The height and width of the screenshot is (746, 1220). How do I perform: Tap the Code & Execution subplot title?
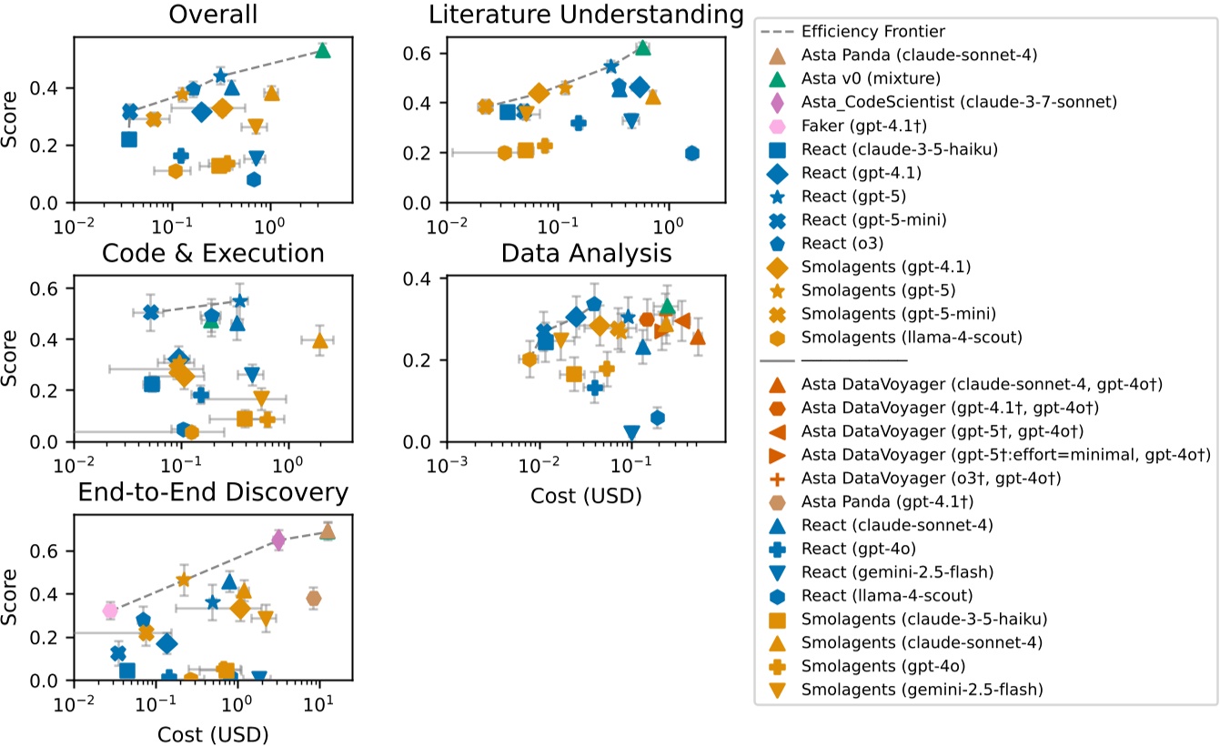coord(213,253)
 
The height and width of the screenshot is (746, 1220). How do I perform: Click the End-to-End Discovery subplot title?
coord(213,492)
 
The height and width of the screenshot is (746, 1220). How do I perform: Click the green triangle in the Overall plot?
coord(322,50)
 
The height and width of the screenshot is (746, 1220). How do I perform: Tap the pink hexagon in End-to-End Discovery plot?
coord(110,610)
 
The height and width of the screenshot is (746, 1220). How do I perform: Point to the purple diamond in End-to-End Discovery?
coord(279,540)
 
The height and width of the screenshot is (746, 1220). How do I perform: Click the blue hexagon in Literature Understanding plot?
coord(691,153)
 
